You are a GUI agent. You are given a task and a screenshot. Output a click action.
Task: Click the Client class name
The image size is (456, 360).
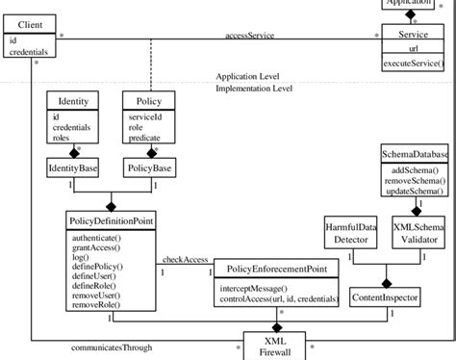pyautogui.click(x=29, y=23)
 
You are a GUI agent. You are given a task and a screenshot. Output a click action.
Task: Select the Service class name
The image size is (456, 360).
pyautogui.click(x=412, y=34)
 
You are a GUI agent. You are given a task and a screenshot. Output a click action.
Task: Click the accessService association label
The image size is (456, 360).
pyautogui.click(x=249, y=36)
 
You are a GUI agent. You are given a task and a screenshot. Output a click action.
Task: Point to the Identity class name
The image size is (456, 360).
pyautogui.click(x=73, y=100)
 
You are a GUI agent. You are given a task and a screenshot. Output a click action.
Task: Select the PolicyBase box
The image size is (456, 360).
pyautogui.click(x=149, y=168)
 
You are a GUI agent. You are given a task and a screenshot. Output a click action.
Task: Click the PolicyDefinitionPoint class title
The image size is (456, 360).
pyautogui.click(x=113, y=220)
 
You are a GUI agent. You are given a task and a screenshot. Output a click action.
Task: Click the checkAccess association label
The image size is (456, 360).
pyautogui.click(x=186, y=260)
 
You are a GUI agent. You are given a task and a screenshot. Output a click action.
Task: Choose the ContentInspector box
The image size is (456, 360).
pyautogui.click(x=384, y=298)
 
